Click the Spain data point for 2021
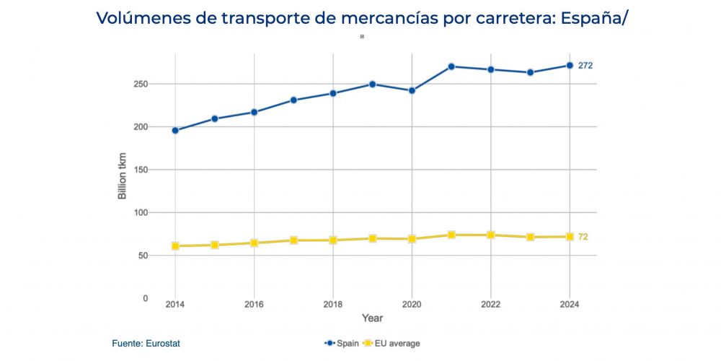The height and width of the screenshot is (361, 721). [451, 66]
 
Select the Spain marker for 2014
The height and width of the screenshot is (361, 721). [175, 131]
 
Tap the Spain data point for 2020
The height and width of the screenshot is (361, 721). [412, 91]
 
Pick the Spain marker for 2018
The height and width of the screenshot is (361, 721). [333, 93]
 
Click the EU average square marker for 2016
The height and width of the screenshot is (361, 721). [254, 243]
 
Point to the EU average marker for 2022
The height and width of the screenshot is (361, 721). [491, 235]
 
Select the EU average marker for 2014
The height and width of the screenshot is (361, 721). [175, 246]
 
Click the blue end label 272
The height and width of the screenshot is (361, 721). [585, 66]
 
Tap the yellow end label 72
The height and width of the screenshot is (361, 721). [583, 237]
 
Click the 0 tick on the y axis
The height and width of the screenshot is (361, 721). [145, 298]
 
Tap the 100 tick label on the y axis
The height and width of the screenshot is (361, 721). [141, 213]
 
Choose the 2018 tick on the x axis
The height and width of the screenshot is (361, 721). [332, 305]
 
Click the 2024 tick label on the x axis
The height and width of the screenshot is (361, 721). [570, 305]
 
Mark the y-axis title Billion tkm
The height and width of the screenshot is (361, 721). [123, 176]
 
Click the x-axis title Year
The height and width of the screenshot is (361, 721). [372, 318]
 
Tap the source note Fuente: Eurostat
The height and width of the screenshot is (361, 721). [146, 344]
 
